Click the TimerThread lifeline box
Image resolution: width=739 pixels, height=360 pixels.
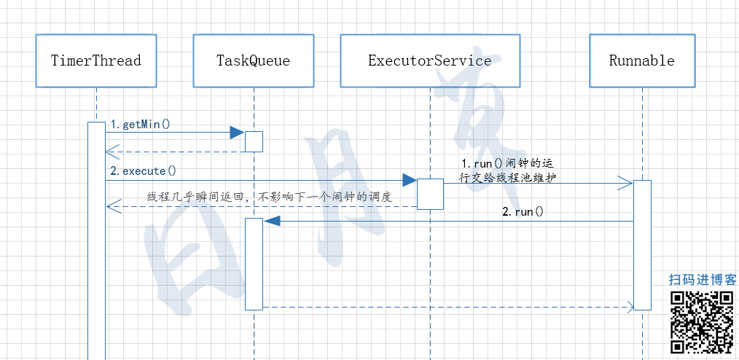coord(95,60)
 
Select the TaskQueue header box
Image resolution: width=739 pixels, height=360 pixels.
coord(253,60)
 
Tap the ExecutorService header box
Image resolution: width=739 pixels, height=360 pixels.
coord(429,60)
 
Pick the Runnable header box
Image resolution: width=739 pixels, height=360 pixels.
coord(642,60)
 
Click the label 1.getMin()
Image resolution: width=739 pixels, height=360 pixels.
coord(140,124)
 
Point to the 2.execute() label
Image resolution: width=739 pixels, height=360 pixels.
coord(143,171)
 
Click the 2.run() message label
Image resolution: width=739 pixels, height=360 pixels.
coord(523,212)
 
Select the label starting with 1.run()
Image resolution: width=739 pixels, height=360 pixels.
coord(512,169)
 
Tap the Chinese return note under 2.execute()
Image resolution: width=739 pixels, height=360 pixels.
coord(270,197)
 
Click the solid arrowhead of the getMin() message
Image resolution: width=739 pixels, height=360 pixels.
coord(237,132)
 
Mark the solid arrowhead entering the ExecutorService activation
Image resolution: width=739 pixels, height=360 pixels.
coord(409,180)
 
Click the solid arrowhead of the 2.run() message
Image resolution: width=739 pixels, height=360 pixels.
coord(270,221)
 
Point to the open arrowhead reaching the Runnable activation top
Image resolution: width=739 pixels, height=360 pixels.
coord(625,182)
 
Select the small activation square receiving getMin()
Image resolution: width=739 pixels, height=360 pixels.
coord(254,141)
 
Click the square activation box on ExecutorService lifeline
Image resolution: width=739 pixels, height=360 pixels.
coord(430,194)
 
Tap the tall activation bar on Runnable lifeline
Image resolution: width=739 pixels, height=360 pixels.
coord(642,244)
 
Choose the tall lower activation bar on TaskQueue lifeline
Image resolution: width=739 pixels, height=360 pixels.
coord(254,263)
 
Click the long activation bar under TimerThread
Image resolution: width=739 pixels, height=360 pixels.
coord(96,240)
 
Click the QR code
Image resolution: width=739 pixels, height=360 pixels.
coord(701,321)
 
